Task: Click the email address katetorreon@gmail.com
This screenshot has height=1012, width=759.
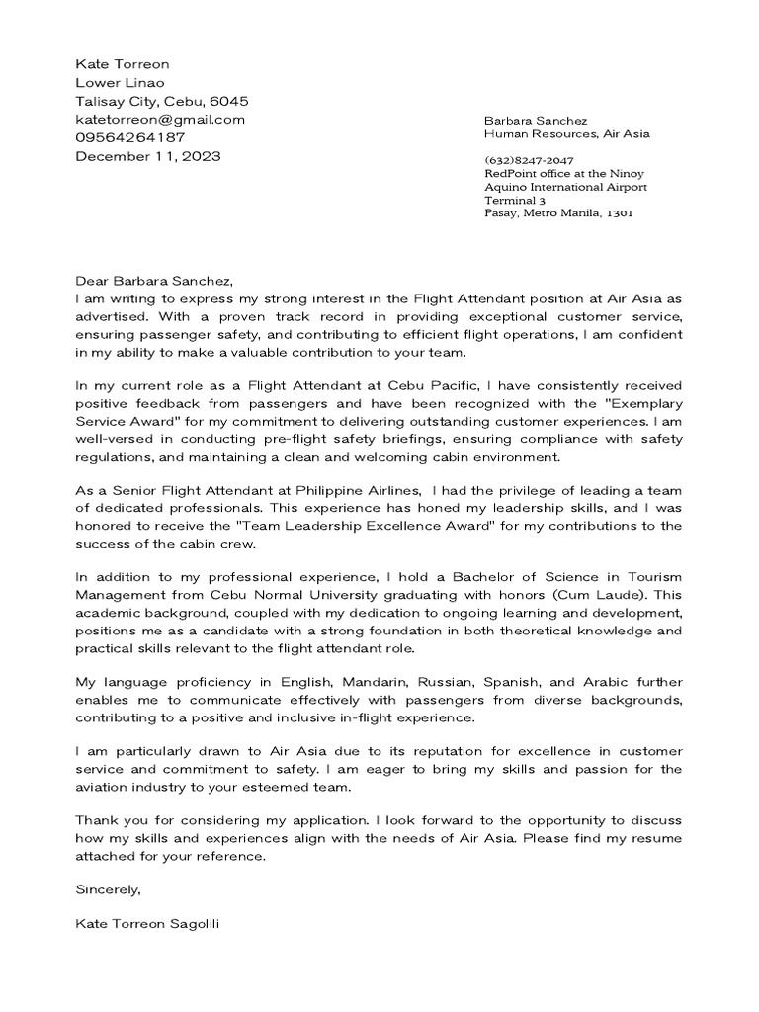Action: pyautogui.click(x=160, y=120)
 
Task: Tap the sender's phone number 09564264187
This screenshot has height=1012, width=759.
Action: pyautogui.click(x=129, y=137)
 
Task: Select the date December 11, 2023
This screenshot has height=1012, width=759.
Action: pyautogui.click(x=148, y=156)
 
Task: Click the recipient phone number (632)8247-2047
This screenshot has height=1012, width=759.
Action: pyautogui.click(x=529, y=160)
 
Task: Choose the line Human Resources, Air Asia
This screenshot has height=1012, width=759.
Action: pyautogui.click(x=566, y=133)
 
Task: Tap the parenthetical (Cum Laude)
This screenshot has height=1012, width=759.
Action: pyautogui.click(x=583, y=596)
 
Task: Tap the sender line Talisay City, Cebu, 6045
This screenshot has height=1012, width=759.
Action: pyautogui.click(x=162, y=101)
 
